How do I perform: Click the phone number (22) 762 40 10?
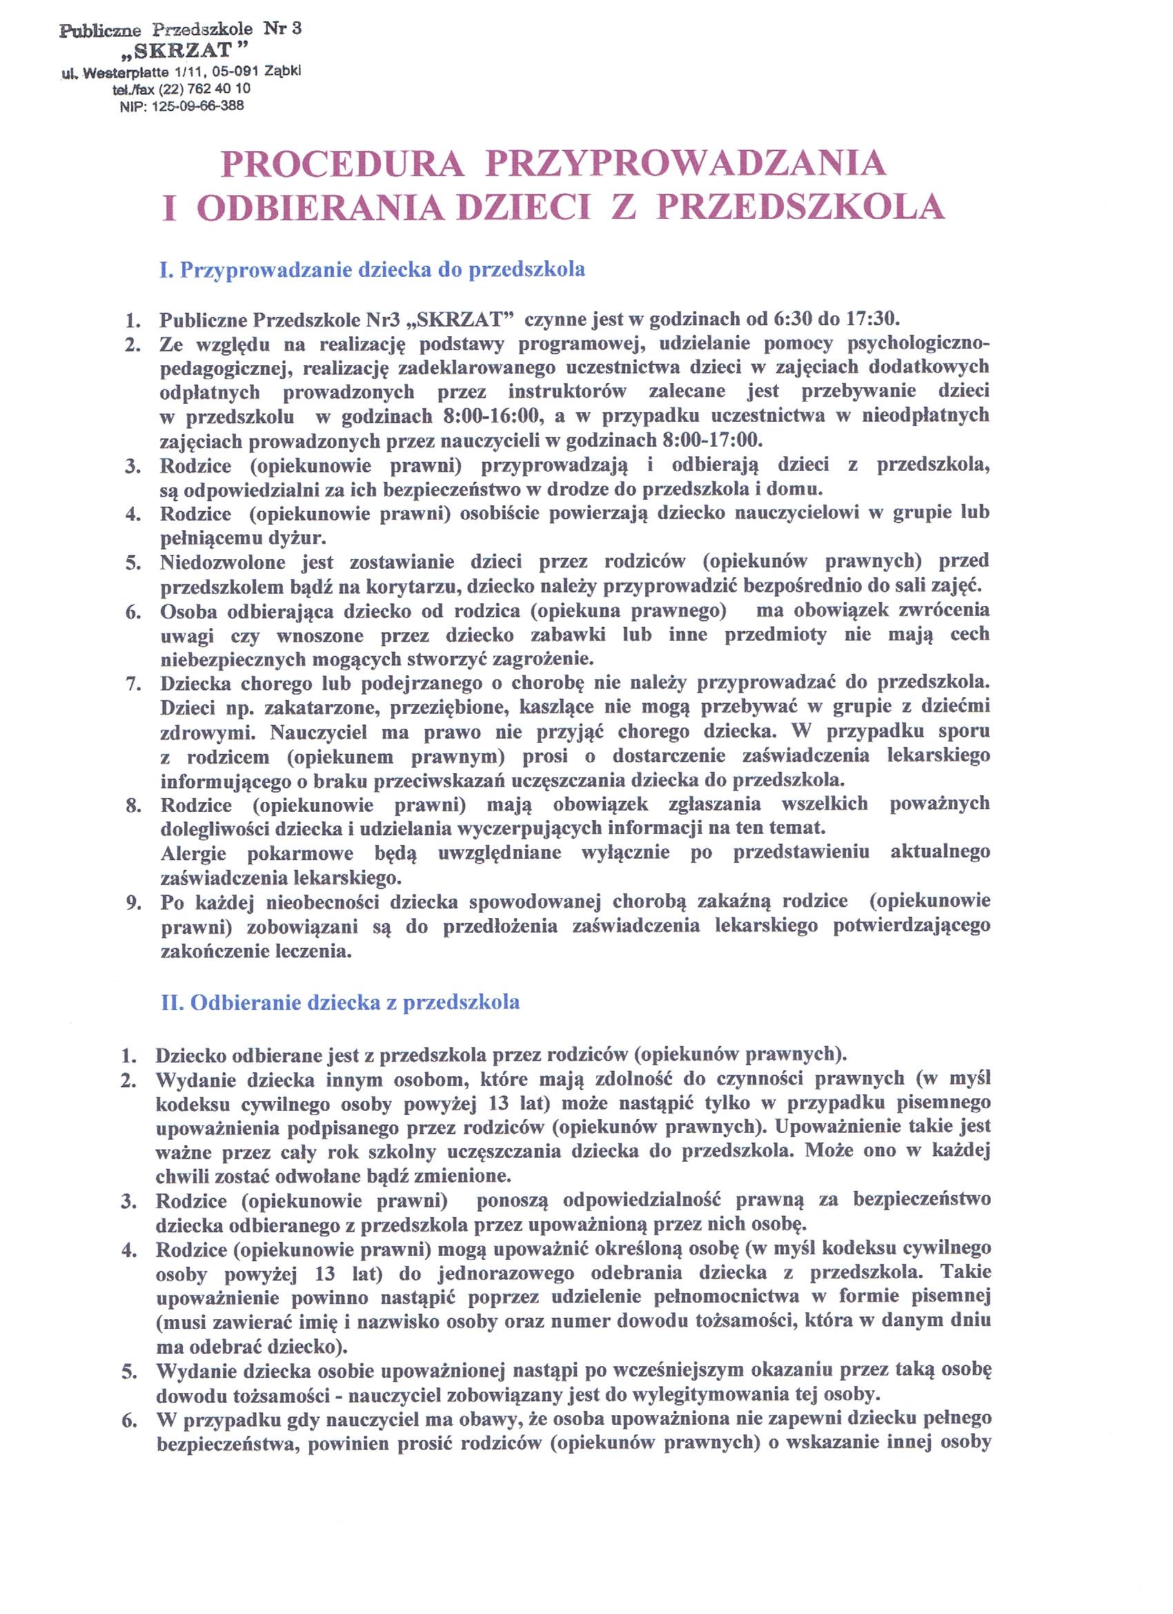point(206,89)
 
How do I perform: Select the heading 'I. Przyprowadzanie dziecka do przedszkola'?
point(372,270)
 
